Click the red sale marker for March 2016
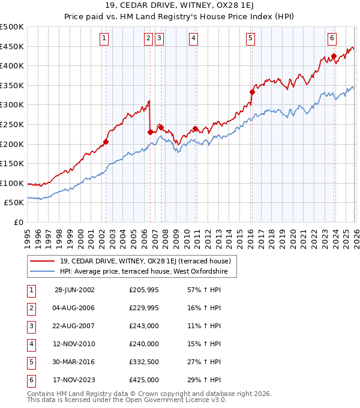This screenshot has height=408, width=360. pyautogui.click(x=252, y=92)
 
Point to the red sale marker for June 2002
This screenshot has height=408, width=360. pyautogui.click(x=106, y=142)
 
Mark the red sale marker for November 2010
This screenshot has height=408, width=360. pyautogui.click(x=195, y=128)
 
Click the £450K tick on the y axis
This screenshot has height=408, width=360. pyautogui.click(x=12, y=46)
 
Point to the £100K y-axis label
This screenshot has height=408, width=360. pyautogui.click(x=12, y=183)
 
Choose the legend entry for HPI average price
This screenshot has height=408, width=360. pyautogui.click(x=148, y=272)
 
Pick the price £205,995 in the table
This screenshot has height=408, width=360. pyautogui.click(x=144, y=290)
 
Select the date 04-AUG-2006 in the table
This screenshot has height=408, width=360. pyautogui.click(x=74, y=308)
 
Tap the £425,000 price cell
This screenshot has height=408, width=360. pyautogui.click(x=144, y=380)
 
